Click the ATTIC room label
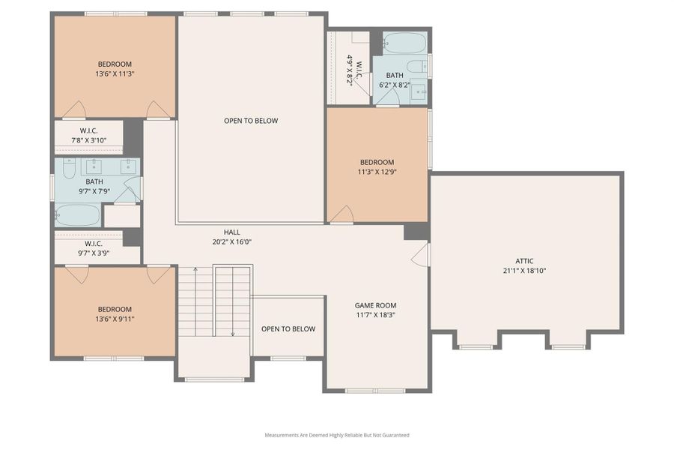(525, 261)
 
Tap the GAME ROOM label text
(375, 305)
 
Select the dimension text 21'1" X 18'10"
(525, 271)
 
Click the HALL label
(231, 232)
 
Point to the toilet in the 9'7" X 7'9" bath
(68, 169)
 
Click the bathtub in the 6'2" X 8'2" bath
(404, 42)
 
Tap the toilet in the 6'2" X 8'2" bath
(417, 66)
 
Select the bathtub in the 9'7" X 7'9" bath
(77, 215)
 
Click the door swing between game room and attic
(422, 254)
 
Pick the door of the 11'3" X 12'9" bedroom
(341, 214)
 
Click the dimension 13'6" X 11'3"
(115, 73)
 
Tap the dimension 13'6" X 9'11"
(115, 319)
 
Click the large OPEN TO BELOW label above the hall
(251, 121)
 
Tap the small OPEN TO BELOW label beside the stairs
(288, 329)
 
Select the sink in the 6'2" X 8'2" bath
(419, 92)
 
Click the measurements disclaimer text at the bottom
(336, 435)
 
